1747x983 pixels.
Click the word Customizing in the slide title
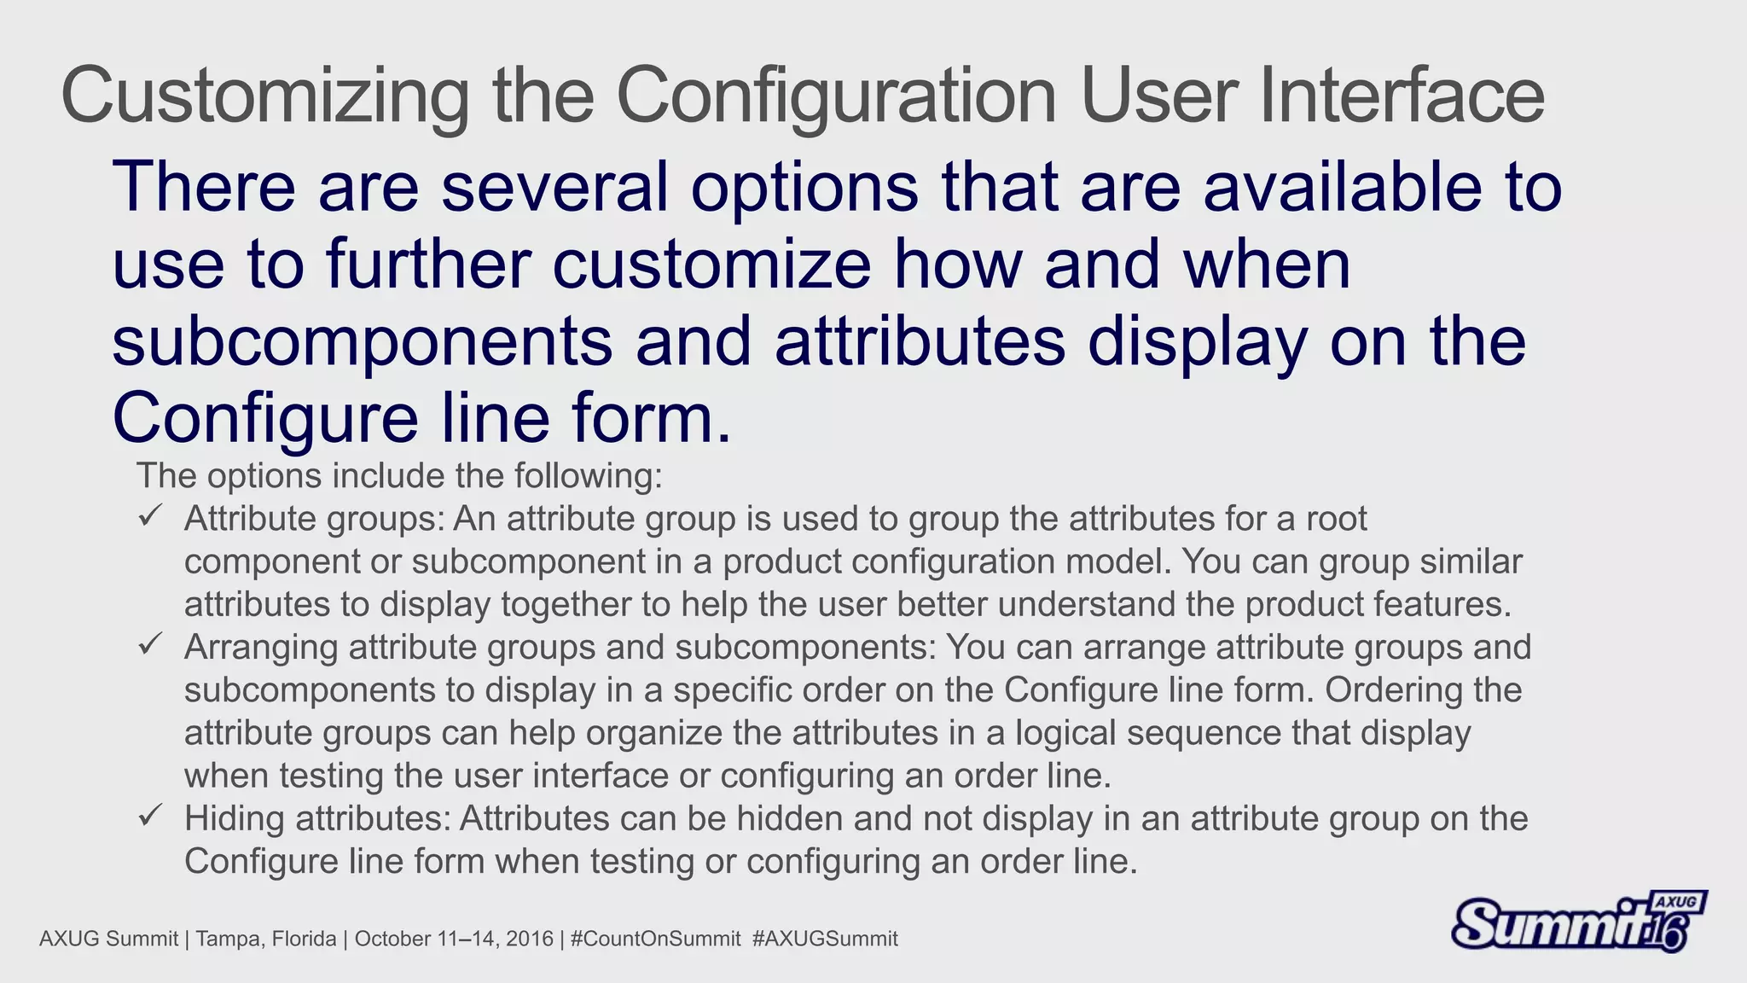click(x=264, y=96)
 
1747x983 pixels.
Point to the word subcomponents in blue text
click(x=362, y=341)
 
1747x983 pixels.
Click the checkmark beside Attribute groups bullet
click(x=150, y=516)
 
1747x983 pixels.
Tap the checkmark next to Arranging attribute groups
click(x=150, y=645)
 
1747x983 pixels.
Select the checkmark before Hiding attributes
click(x=150, y=817)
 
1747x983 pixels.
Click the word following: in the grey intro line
click(x=588, y=475)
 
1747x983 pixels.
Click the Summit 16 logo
click(x=1578, y=922)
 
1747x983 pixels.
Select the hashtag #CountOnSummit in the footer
click(x=655, y=939)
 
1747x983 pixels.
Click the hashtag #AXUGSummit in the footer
click(x=825, y=939)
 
